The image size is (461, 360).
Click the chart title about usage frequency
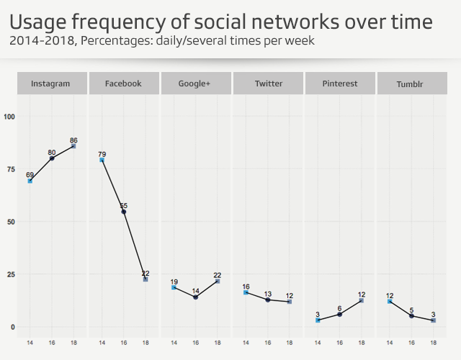click(x=221, y=22)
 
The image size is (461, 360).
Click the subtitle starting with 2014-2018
click(x=162, y=41)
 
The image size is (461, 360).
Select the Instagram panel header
click(x=51, y=84)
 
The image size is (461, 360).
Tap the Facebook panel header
click(x=123, y=84)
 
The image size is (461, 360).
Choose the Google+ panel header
click(x=195, y=84)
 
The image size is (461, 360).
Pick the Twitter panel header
click(x=268, y=84)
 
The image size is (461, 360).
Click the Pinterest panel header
click(x=340, y=84)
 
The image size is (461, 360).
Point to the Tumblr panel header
click(x=412, y=84)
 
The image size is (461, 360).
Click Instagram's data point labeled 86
click(x=73, y=146)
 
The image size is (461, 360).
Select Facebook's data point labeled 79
click(x=102, y=161)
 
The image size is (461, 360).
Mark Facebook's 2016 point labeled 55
click(x=124, y=212)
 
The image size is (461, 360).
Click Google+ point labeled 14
click(x=195, y=297)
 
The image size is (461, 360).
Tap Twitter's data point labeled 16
click(x=246, y=293)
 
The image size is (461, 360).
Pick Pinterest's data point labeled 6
click(x=340, y=314)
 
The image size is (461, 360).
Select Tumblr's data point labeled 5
click(x=412, y=316)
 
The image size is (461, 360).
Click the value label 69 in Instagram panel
click(x=30, y=175)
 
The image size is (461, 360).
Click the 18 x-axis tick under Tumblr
click(x=434, y=343)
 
